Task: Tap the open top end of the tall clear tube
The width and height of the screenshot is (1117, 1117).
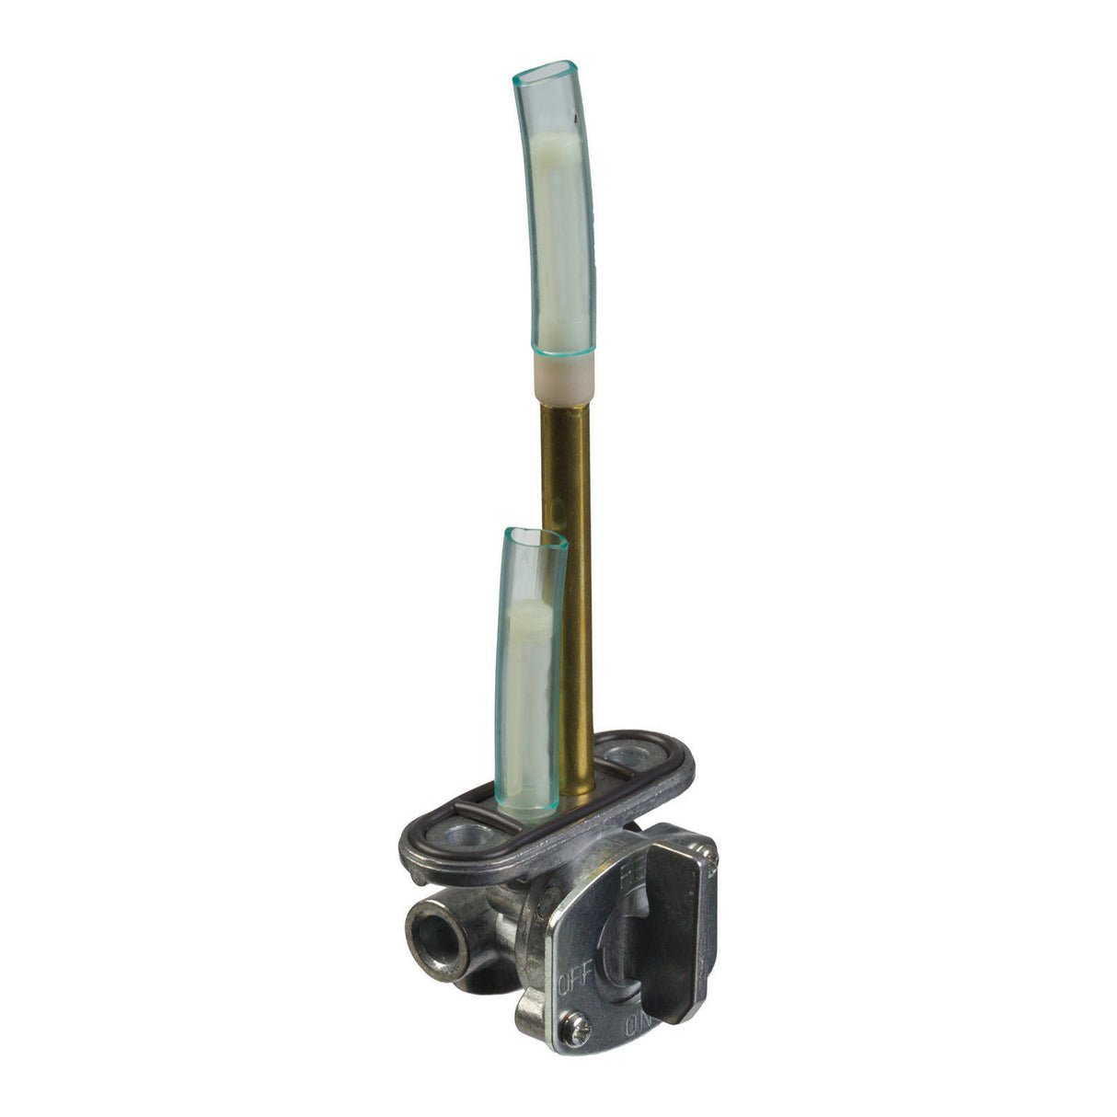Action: click(545, 71)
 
